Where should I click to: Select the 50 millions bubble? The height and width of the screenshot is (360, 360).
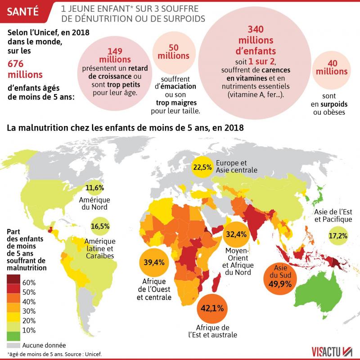(x=173, y=51)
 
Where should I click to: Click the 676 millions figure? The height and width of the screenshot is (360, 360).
(x=24, y=68)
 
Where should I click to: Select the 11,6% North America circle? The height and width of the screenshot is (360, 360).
(x=94, y=187)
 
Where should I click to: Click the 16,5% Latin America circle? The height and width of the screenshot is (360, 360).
(x=100, y=226)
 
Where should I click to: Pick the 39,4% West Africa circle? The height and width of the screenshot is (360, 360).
(x=154, y=262)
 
